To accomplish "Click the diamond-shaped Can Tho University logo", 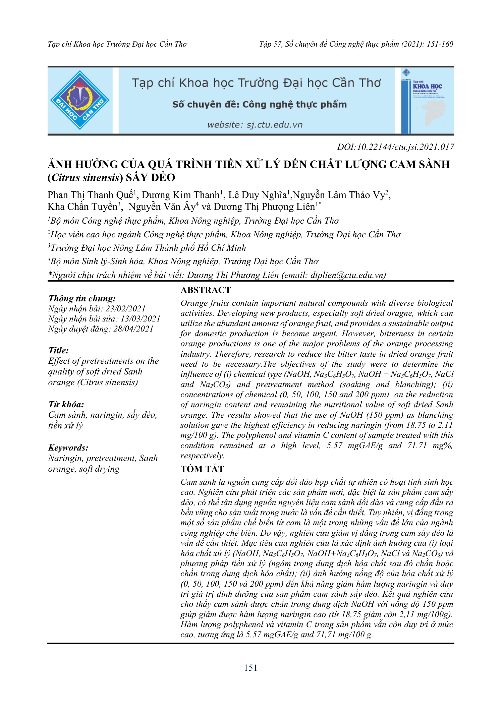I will tap(80, 100).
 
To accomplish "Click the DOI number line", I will tap(395, 147).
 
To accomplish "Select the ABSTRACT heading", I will tap(206, 290).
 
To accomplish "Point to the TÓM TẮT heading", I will tap(202, 469).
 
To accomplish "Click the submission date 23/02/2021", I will tap(126, 308).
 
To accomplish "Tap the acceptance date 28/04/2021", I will tap(133, 329).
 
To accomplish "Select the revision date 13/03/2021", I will tap(141, 318).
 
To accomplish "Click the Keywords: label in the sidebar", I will tap(68, 448).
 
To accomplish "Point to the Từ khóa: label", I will tap(66, 404).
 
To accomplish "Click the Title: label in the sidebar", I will tap(59, 350).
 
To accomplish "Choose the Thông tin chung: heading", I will tap(82, 298).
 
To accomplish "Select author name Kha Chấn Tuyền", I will tap(82, 206).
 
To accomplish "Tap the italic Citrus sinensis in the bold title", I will tap(85, 177).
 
